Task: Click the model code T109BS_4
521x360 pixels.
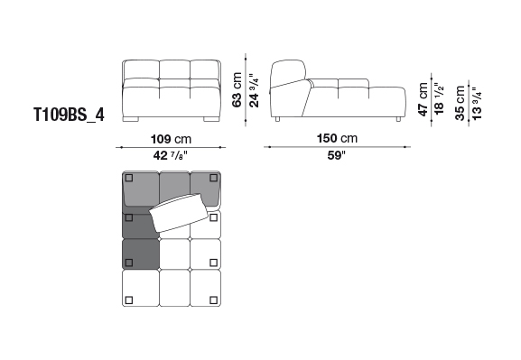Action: click(x=70, y=115)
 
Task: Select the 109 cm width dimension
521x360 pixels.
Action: click(x=172, y=139)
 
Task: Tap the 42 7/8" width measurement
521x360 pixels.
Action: click(x=171, y=155)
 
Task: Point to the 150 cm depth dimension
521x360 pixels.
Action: click(x=337, y=138)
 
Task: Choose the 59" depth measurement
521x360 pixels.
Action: click(x=337, y=155)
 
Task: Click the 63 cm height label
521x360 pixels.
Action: click(x=237, y=89)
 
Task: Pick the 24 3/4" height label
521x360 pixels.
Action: click(x=254, y=90)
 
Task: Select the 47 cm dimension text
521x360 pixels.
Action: click(x=423, y=99)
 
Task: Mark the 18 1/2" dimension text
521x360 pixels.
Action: click(x=439, y=98)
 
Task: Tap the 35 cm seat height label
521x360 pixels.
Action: click(x=461, y=103)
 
